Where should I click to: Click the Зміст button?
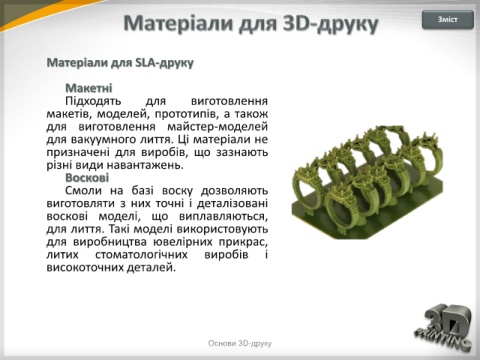pyautogui.click(x=448, y=20)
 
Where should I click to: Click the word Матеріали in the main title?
pyautogui.click(x=180, y=23)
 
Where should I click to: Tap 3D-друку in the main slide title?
pyautogui.click(x=330, y=24)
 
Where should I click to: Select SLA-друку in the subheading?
pyautogui.click(x=164, y=63)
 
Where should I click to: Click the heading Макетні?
pyautogui.click(x=89, y=88)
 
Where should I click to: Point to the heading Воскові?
pyautogui.click(x=87, y=178)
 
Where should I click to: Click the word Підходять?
pyautogui.click(x=93, y=101)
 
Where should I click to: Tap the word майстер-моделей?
pyautogui.click(x=218, y=127)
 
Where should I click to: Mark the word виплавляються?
pyautogui.click(x=223, y=217)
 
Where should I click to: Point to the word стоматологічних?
pyautogui.click(x=141, y=255)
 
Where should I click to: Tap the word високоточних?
pyautogui.click(x=85, y=267)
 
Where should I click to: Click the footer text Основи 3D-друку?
pyautogui.click(x=240, y=343)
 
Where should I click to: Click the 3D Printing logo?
pyautogui.click(x=444, y=327)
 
